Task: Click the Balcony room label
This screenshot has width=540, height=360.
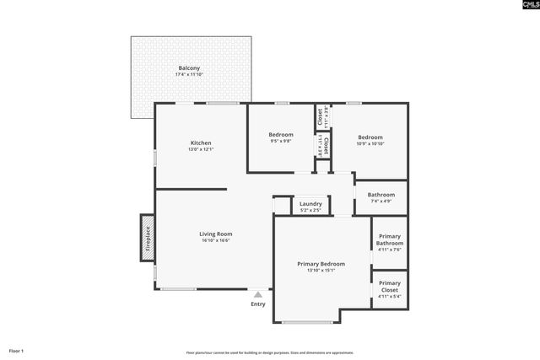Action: (x=190, y=68)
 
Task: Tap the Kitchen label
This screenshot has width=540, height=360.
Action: (x=201, y=142)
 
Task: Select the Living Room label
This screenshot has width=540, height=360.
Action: (x=216, y=234)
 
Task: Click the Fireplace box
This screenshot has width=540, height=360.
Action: (x=148, y=234)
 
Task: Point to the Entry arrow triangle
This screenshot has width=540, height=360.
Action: (x=258, y=294)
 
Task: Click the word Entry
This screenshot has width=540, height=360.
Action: (x=258, y=304)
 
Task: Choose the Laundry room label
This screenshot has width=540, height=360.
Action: (x=310, y=204)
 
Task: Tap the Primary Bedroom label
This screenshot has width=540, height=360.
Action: (x=321, y=264)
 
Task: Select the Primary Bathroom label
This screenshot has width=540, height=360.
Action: (x=390, y=239)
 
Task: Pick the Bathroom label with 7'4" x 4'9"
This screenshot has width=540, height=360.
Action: (x=381, y=196)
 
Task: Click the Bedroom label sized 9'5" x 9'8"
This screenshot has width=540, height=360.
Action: (x=281, y=135)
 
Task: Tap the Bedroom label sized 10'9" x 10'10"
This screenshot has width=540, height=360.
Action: (x=370, y=137)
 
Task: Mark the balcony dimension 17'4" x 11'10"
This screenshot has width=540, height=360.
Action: (x=190, y=75)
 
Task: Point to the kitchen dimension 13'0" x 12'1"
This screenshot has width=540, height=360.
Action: (x=201, y=149)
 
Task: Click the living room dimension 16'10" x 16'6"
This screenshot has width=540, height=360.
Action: (x=216, y=240)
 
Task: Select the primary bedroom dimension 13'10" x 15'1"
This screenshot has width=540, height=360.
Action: (x=321, y=271)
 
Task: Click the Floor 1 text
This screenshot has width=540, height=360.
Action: (x=17, y=350)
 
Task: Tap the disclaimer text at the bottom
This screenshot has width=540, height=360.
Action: (x=270, y=352)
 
